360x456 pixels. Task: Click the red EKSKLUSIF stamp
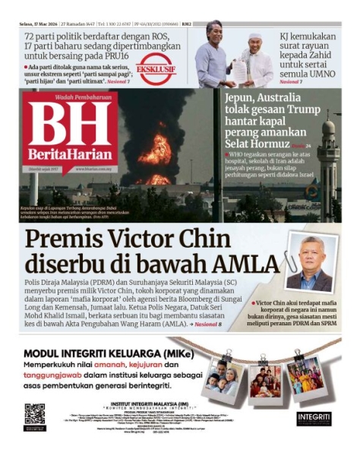point(156,68)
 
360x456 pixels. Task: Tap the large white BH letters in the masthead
point(69,122)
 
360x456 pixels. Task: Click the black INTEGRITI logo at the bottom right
point(314,417)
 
